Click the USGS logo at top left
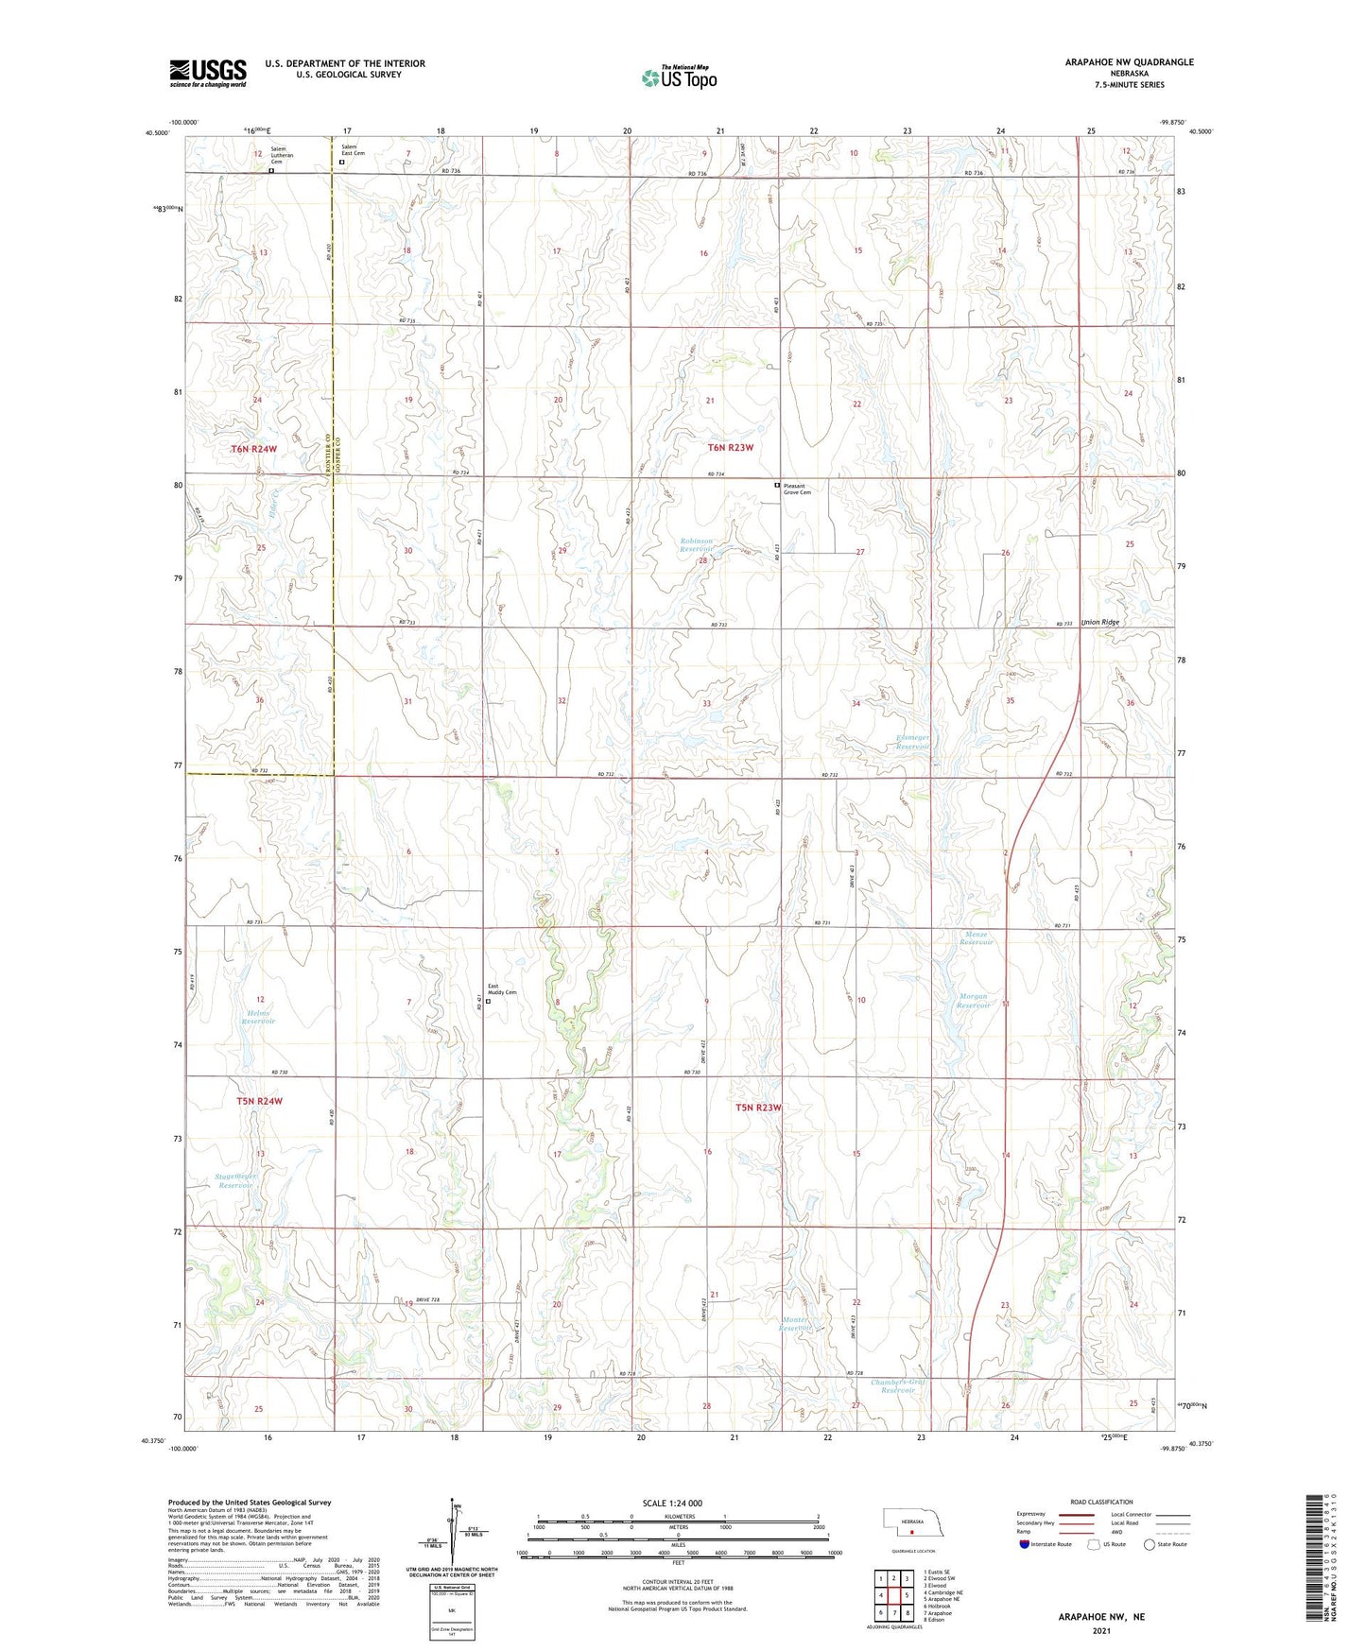click(208, 72)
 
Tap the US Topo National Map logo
click(678, 77)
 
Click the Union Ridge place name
click(1100, 622)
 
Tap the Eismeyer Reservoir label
click(913, 742)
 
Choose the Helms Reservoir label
click(258, 1017)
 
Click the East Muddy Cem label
click(502, 989)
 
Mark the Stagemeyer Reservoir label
click(235, 1180)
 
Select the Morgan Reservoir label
click(973, 1000)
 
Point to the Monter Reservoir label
click(796, 1323)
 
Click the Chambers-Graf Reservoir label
click(898, 1386)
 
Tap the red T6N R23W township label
click(731, 448)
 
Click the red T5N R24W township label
click(259, 1101)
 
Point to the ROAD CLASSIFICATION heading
click(1101, 1502)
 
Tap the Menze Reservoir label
click(977, 938)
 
